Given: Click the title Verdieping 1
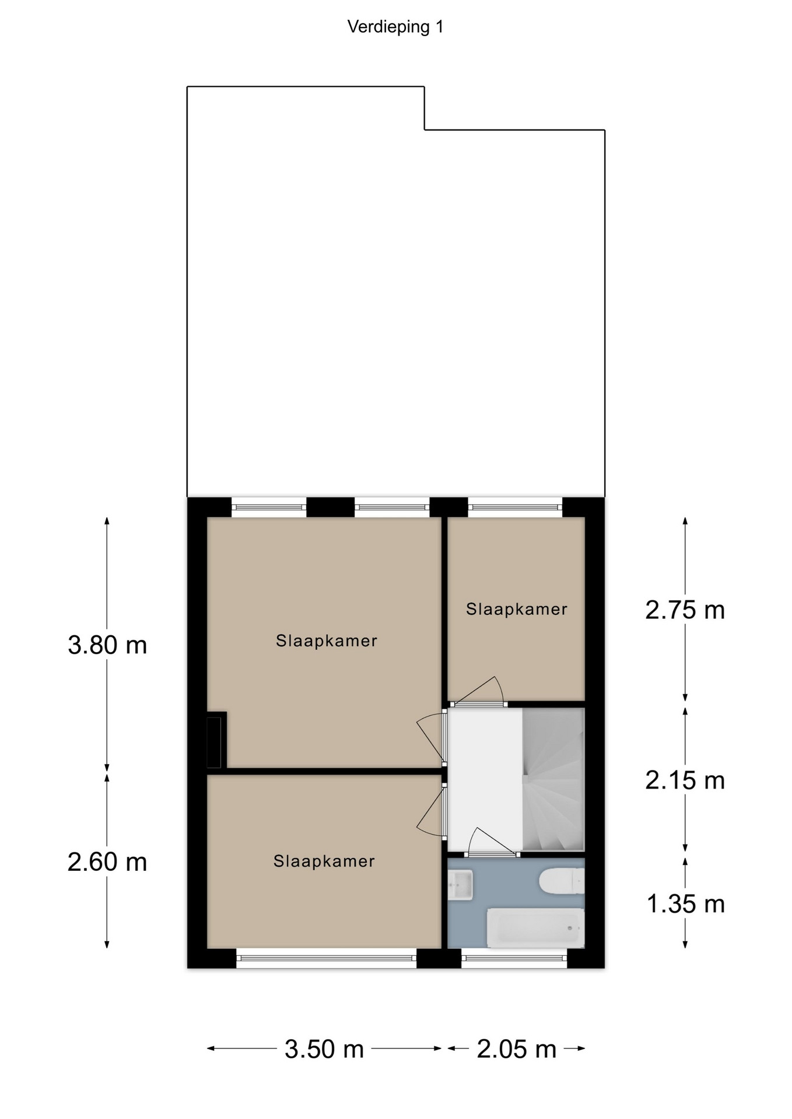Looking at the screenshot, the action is [395, 27].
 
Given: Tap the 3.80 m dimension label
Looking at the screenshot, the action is [107, 645].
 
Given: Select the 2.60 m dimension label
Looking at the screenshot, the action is [107, 862].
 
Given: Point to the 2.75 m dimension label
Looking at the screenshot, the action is [685, 610].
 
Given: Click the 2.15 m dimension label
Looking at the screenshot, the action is [685, 780].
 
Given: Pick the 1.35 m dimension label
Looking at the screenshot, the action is [686, 904].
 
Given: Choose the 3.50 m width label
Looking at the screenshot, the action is [324, 1050].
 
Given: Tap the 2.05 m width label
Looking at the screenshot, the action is [517, 1050].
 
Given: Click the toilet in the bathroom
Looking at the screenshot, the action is [562, 881].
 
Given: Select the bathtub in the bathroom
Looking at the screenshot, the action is [535, 928].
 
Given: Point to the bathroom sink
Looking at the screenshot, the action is [460, 885].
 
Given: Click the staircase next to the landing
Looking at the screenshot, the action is [553, 779].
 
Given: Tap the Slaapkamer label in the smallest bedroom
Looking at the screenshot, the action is [517, 610].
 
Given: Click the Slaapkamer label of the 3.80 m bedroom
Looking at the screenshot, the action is [327, 641].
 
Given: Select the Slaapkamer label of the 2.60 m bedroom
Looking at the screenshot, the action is [324, 861].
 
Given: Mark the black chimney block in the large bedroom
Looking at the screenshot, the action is [216, 741].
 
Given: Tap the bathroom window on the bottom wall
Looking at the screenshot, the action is [514, 958].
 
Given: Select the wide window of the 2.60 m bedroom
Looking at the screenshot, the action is [327, 958].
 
